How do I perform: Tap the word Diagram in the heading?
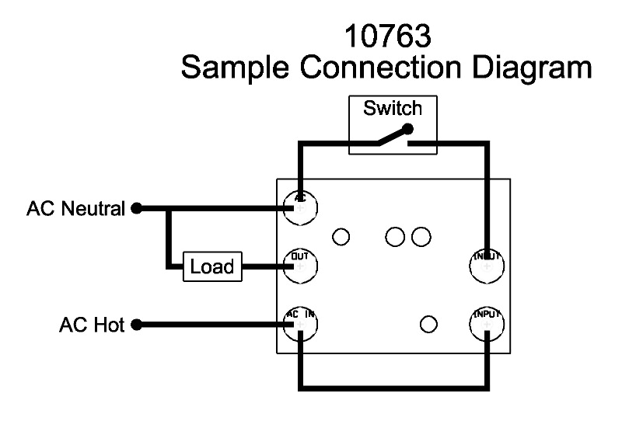coord(536,69)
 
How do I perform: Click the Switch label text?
coord(393,108)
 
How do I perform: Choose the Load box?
coord(211,266)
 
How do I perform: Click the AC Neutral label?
coord(75,209)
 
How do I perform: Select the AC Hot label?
coord(92,325)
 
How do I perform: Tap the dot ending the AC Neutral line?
coord(136,209)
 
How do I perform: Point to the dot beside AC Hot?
coord(136,325)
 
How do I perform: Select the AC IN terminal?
coord(299,324)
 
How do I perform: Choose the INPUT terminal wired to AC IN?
coord(487,324)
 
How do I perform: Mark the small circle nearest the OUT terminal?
coord(341,235)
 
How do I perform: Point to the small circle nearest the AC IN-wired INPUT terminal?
coord(427,323)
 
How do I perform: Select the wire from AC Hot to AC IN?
coord(210,325)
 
